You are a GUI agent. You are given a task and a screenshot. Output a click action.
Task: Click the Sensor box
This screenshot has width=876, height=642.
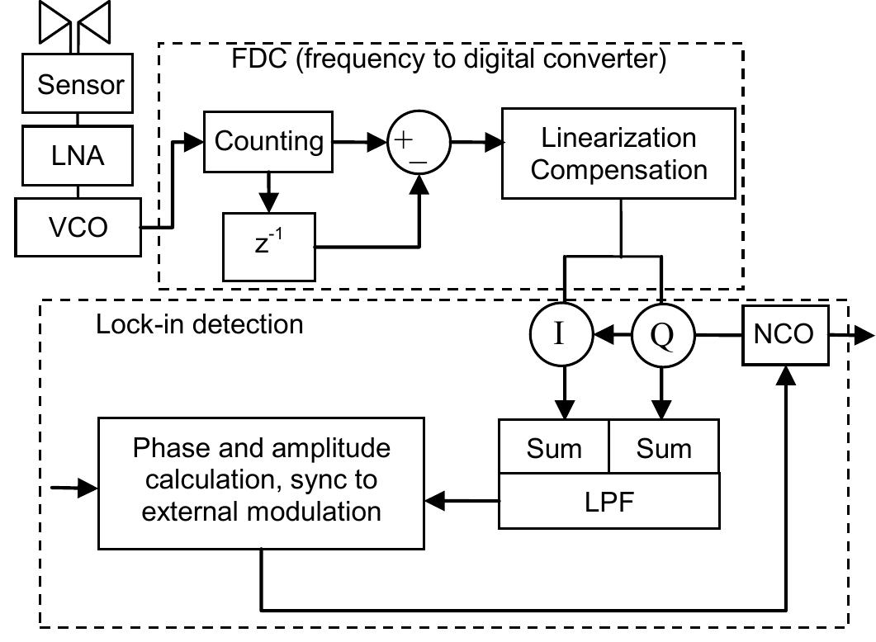81,85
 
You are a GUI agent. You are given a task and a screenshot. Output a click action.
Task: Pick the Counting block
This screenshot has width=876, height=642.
269,141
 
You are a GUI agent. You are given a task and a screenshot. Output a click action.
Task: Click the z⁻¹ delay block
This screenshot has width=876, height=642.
269,246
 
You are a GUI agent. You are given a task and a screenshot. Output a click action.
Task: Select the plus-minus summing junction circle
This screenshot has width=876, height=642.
419,142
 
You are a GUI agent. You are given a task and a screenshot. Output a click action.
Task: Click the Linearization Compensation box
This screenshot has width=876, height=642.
618,153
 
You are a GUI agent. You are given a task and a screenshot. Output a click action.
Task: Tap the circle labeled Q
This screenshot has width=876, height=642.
662,335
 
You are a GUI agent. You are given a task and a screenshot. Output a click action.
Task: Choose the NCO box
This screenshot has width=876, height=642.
784,334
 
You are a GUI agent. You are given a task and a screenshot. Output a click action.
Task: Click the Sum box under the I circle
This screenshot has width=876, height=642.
553,448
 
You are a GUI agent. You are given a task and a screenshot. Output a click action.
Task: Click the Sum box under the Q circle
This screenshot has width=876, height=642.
664,448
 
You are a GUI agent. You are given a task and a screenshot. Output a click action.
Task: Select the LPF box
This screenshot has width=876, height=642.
608,501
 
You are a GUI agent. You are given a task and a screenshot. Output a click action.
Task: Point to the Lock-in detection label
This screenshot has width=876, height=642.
200,323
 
